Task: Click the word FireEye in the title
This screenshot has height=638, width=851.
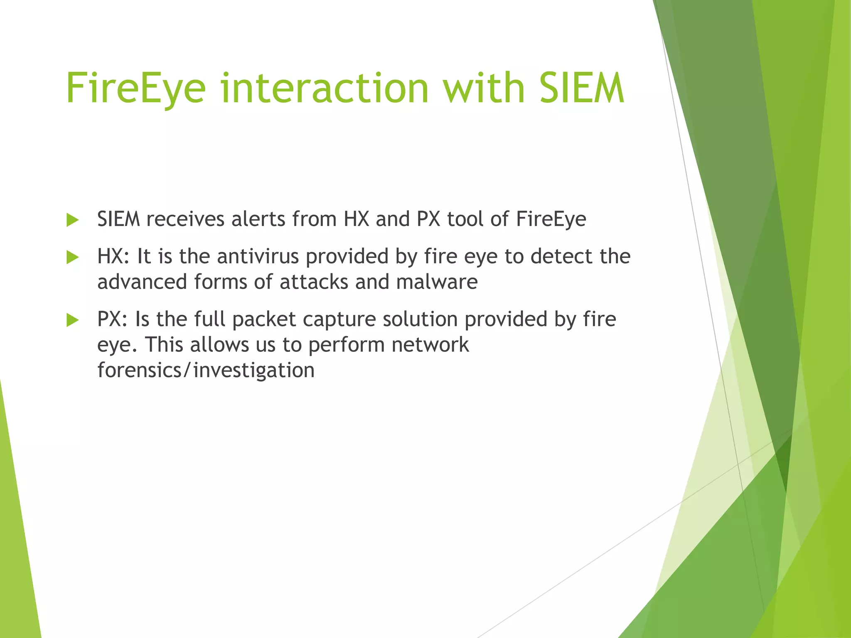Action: click(136, 88)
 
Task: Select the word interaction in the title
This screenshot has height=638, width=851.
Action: click(324, 88)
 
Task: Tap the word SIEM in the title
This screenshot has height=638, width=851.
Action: click(582, 88)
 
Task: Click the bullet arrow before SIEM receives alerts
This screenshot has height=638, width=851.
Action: click(72, 220)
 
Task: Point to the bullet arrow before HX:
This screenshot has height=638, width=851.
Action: click(72, 258)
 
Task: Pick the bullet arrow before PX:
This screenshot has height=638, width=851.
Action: click(72, 320)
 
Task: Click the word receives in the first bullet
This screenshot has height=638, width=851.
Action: click(185, 219)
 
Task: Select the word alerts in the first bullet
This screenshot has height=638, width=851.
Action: click(258, 219)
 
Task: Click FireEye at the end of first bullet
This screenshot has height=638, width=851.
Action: click(551, 220)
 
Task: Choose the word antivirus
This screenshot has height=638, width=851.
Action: click(258, 256)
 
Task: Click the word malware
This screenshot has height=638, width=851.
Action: click(437, 282)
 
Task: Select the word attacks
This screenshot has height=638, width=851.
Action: click(314, 282)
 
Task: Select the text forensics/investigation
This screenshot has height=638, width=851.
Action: click(206, 371)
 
